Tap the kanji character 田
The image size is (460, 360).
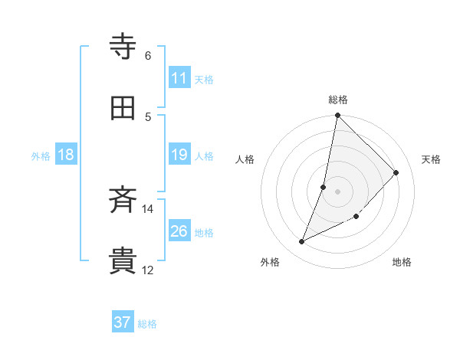[x=123, y=109]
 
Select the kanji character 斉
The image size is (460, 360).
[x=123, y=201]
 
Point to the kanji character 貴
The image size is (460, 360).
[x=123, y=261]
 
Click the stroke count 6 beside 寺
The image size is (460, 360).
[x=148, y=55]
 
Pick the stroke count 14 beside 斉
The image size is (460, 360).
[x=148, y=208]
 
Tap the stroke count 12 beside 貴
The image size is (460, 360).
[x=148, y=270]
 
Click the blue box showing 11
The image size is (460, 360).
[x=179, y=78]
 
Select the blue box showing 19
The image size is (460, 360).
[x=179, y=155]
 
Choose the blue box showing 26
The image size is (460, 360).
[x=179, y=231]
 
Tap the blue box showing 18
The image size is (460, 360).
[x=66, y=155]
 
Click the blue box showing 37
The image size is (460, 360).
[x=123, y=322]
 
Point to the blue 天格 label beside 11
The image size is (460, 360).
[x=204, y=79]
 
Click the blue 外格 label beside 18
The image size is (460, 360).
[x=41, y=156]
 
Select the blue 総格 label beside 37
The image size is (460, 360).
[x=147, y=324]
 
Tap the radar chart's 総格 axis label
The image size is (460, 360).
[x=338, y=100]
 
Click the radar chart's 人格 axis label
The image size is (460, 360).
[x=245, y=159]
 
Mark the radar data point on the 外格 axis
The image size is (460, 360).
[x=302, y=242]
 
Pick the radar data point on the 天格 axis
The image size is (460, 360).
[x=396, y=172]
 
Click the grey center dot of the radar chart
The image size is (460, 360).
[x=338, y=191]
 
